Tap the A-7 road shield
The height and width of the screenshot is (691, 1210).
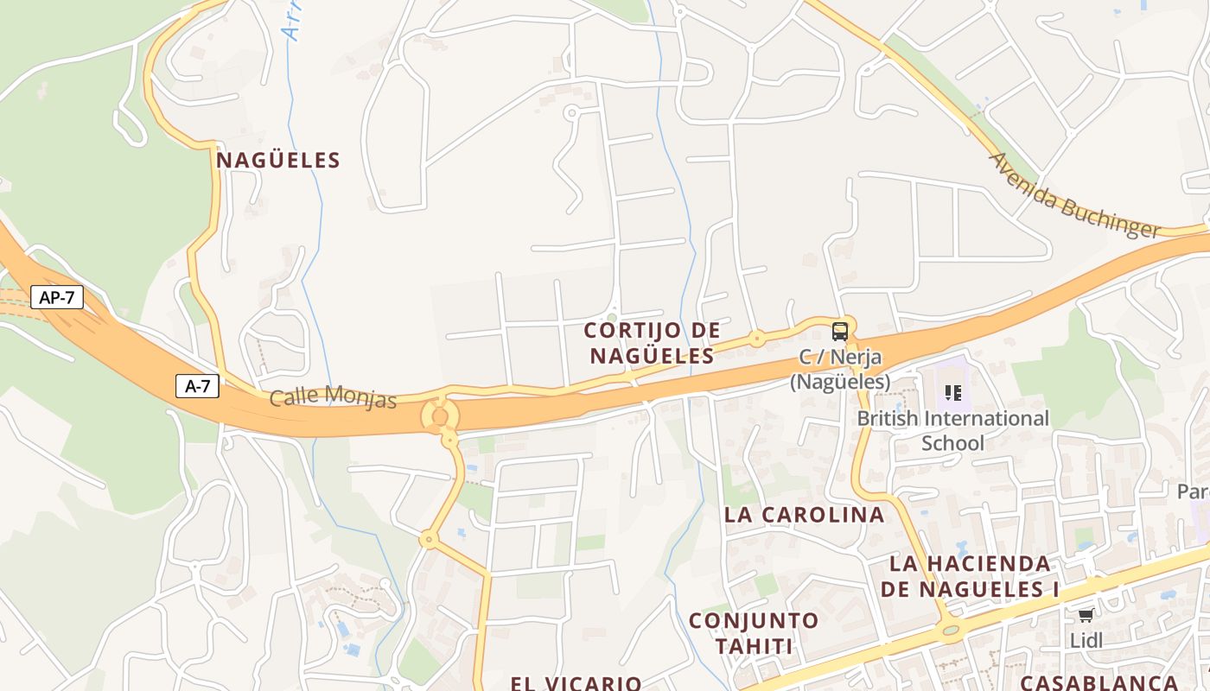coord(198,386)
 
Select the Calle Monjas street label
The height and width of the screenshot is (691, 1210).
coord(333,397)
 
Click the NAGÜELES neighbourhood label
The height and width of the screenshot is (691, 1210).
coord(278,160)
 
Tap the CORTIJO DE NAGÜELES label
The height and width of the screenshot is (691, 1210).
coord(652,343)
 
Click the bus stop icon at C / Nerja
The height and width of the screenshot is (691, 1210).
coord(839,331)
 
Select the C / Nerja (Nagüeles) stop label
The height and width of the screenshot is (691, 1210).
coord(839,369)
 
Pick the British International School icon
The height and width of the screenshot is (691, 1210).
coord(953,393)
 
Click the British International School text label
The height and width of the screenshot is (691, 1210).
coord(952,430)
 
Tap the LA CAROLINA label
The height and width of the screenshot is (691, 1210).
coord(804,515)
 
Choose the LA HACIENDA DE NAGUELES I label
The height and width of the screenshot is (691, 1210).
coord(971,577)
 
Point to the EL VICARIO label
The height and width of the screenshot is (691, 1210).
coord(576,683)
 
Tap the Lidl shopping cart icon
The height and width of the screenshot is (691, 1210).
coord(1086,615)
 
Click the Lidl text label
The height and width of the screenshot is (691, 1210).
coord(1086,641)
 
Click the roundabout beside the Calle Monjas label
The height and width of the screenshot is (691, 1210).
coord(440,417)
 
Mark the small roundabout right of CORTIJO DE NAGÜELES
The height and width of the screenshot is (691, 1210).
coord(757,339)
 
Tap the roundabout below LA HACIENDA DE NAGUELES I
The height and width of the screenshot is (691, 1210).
coord(952,631)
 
